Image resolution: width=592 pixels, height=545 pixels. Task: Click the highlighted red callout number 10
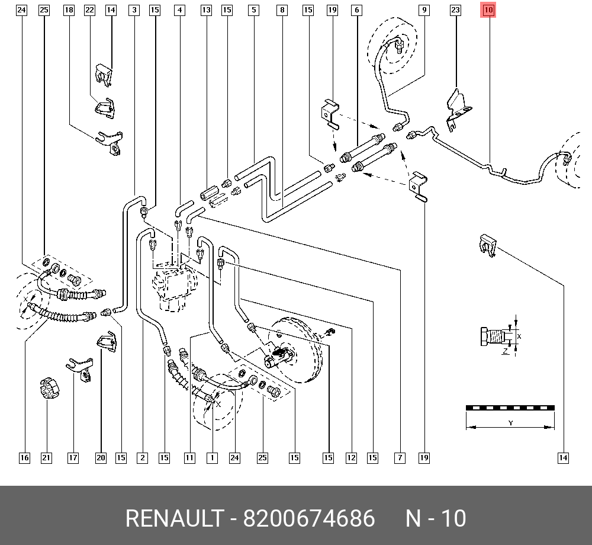(x=489, y=10)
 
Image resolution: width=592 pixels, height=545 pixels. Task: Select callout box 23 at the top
(x=455, y=10)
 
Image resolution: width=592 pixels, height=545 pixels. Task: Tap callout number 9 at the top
(x=424, y=10)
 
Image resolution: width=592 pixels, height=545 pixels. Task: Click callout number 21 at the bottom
(x=46, y=457)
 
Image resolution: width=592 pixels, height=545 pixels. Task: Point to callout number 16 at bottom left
(x=24, y=457)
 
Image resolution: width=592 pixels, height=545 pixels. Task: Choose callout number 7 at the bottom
(x=401, y=457)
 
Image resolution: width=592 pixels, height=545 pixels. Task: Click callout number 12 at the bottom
(x=352, y=457)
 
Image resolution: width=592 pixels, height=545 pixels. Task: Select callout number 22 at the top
(x=89, y=10)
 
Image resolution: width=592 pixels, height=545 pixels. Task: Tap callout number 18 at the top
(x=69, y=10)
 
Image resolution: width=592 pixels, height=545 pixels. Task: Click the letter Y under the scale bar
(x=510, y=423)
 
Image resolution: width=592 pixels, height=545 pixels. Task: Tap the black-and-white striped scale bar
(x=510, y=408)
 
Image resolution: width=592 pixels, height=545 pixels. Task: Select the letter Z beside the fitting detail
(x=505, y=351)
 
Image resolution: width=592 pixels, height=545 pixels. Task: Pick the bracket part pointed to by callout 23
(x=458, y=107)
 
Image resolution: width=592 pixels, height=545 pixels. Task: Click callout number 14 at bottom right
(x=563, y=457)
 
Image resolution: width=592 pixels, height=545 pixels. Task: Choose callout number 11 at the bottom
(x=189, y=457)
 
